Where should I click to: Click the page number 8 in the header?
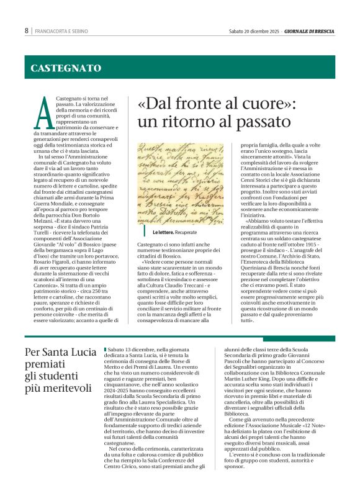tap(27, 30)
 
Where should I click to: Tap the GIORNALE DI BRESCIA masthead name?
tap(310, 30)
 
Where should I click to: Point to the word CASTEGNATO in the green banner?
tap(66, 68)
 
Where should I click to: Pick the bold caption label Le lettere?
tap(163, 232)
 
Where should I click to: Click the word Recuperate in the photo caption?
tap(186, 232)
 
